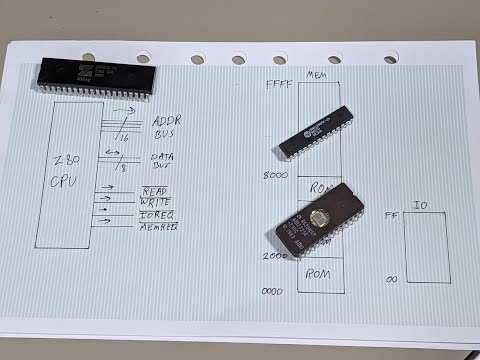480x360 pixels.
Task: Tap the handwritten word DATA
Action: point(163,157)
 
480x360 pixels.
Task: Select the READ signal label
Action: point(154,190)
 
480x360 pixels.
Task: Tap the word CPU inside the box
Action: point(63,184)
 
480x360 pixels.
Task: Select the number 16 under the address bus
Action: point(124,136)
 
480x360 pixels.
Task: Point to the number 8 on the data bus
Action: point(123,169)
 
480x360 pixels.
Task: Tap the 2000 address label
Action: point(276,256)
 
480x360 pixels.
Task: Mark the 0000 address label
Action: point(272,291)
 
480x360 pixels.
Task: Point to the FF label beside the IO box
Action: point(391,215)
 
